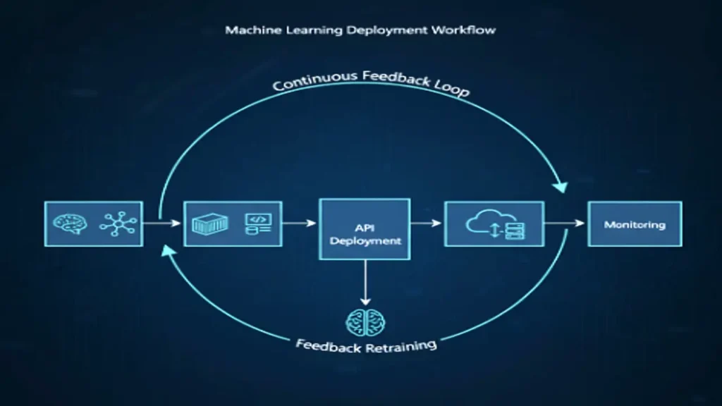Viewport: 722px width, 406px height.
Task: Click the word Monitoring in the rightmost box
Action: pyautogui.click(x=635, y=225)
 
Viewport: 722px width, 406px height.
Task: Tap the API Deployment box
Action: pyautogui.click(x=365, y=229)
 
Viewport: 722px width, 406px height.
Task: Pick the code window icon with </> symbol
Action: pyautogui.click(x=257, y=223)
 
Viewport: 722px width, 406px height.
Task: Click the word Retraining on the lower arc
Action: pyautogui.click(x=400, y=347)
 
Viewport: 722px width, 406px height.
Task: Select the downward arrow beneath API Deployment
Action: pyautogui.click(x=365, y=282)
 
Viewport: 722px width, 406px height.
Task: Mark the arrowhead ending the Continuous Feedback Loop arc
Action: pyautogui.click(x=560, y=186)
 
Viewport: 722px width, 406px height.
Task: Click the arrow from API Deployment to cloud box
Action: pyautogui.click(x=426, y=223)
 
